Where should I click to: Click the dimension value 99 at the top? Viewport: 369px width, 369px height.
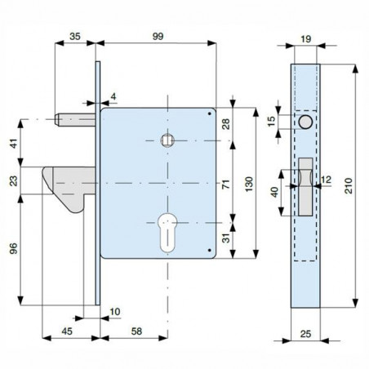pos(158,36)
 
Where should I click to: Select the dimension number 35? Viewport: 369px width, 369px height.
pos(75,36)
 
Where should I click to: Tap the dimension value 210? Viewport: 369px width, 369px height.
pos(348,186)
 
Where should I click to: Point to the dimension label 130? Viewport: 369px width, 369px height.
pos(249,184)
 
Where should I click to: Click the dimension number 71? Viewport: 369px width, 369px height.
pos(226,184)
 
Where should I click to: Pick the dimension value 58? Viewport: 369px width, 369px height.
pos(136,331)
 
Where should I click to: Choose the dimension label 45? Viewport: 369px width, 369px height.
pos(67,331)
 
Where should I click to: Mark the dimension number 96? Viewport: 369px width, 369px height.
pos(13,248)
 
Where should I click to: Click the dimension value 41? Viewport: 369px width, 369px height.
pos(13,144)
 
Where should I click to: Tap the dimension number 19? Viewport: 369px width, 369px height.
pos(306,39)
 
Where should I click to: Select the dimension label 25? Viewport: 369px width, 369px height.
pos(305,334)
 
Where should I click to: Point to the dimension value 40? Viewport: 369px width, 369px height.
pos(275,192)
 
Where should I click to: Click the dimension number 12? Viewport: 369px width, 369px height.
pos(326,180)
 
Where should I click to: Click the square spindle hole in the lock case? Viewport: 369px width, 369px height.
pos(167,140)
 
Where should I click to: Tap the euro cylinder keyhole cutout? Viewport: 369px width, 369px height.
pos(167,233)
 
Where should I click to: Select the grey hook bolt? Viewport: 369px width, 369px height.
pos(68,188)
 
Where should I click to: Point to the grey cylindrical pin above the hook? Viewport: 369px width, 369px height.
pos(75,120)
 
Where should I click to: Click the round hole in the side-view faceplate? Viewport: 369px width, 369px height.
pos(305,122)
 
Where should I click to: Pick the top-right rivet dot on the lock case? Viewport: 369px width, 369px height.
pos(209,113)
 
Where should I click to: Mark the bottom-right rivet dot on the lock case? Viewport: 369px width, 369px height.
pos(209,250)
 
